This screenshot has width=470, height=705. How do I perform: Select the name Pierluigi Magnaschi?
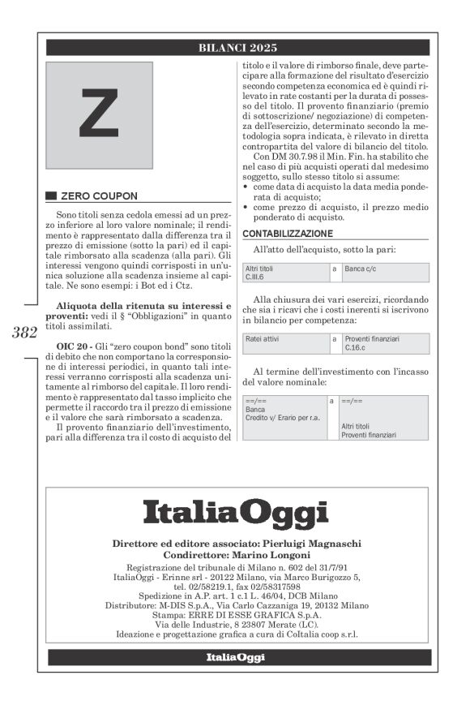tap(315, 543)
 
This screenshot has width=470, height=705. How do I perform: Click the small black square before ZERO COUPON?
tap(51, 196)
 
